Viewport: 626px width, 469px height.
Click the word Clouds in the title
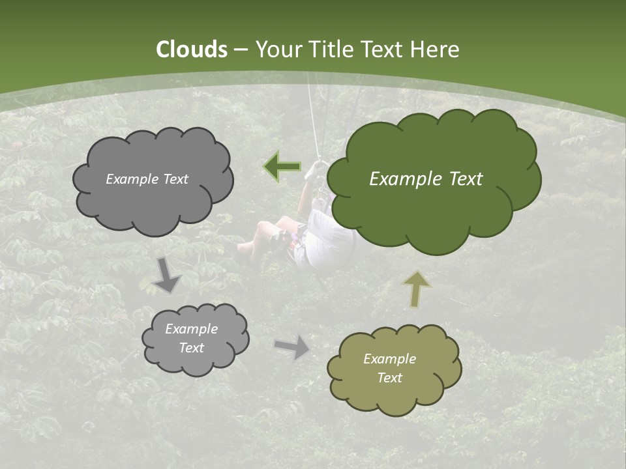(x=191, y=50)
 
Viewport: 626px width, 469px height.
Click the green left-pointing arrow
(x=282, y=167)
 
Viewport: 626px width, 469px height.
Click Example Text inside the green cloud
(x=426, y=179)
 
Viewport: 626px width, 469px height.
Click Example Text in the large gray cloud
(x=147, y=179)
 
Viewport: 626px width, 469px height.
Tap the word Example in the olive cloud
(x=389, y=359)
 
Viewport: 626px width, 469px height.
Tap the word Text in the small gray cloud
(x=191, y=348)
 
